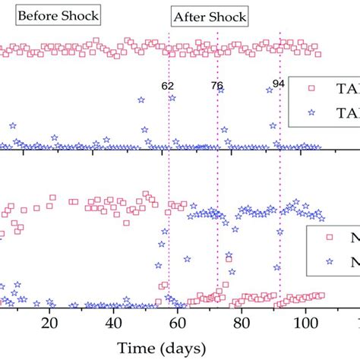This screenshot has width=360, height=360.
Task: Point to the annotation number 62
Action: pos(168,86)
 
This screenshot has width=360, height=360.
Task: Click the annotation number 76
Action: pos(216,86)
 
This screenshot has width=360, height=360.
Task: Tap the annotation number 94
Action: pos(279,83)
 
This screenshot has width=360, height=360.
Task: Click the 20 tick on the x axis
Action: pos(49,322)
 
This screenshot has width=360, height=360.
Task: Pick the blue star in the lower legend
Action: pos(329,261)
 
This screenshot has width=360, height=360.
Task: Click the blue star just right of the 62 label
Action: pos(172,98)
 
